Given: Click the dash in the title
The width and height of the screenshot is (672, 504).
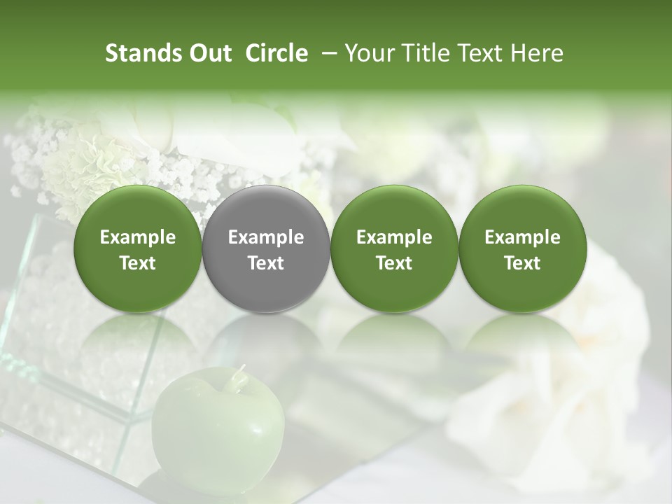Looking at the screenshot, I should (x=330, y=53).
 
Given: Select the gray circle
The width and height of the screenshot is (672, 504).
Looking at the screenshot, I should (x=266, y=249).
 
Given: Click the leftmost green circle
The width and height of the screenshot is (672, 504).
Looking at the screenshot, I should (x=138, y=249).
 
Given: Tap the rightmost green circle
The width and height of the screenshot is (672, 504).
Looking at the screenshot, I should (x=522, y=249).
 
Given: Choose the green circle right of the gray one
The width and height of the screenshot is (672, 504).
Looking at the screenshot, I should (x=394, y=249).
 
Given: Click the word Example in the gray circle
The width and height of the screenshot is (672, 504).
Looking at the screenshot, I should (x=266, y=237).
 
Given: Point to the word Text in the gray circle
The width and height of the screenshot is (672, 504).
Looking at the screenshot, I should (x=266, y=263).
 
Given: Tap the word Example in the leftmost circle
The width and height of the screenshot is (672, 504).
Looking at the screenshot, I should (x=138, y=237).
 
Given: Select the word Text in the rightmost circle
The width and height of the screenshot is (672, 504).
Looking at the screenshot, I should (x=522, y=263).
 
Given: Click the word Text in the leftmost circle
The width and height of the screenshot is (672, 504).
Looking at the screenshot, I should (x=138, y=263).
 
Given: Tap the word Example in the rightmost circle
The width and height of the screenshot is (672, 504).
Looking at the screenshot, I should (x=522, y=237).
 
